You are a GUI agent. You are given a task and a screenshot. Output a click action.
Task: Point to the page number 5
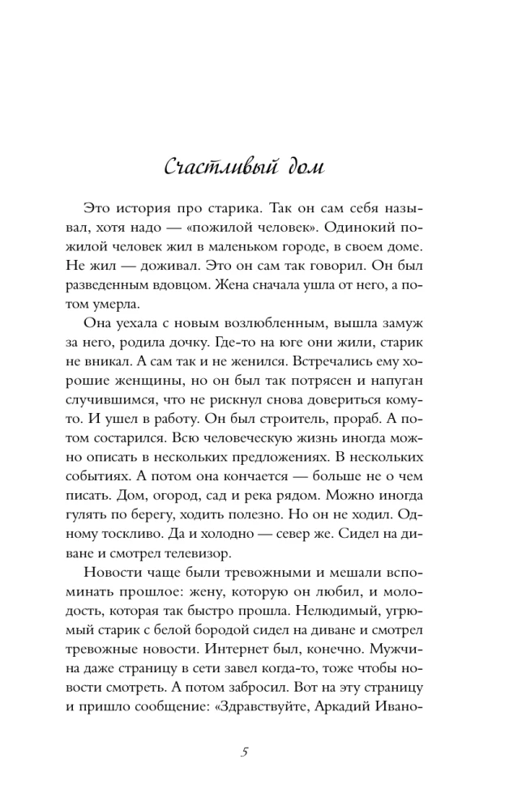coord(244,752)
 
